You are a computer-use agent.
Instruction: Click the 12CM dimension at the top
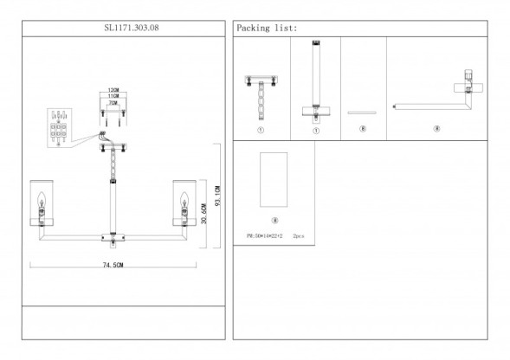coord(113,90)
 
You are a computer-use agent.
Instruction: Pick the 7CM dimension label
coord(113,103)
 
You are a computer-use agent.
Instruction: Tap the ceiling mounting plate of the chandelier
coord(113,145)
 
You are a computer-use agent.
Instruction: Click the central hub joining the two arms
coord(113,231)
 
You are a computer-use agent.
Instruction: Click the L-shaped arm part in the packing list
coord(433,100)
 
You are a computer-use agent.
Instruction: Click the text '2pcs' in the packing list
coord(298,235)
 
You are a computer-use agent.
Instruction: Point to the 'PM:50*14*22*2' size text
coord(265,235)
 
